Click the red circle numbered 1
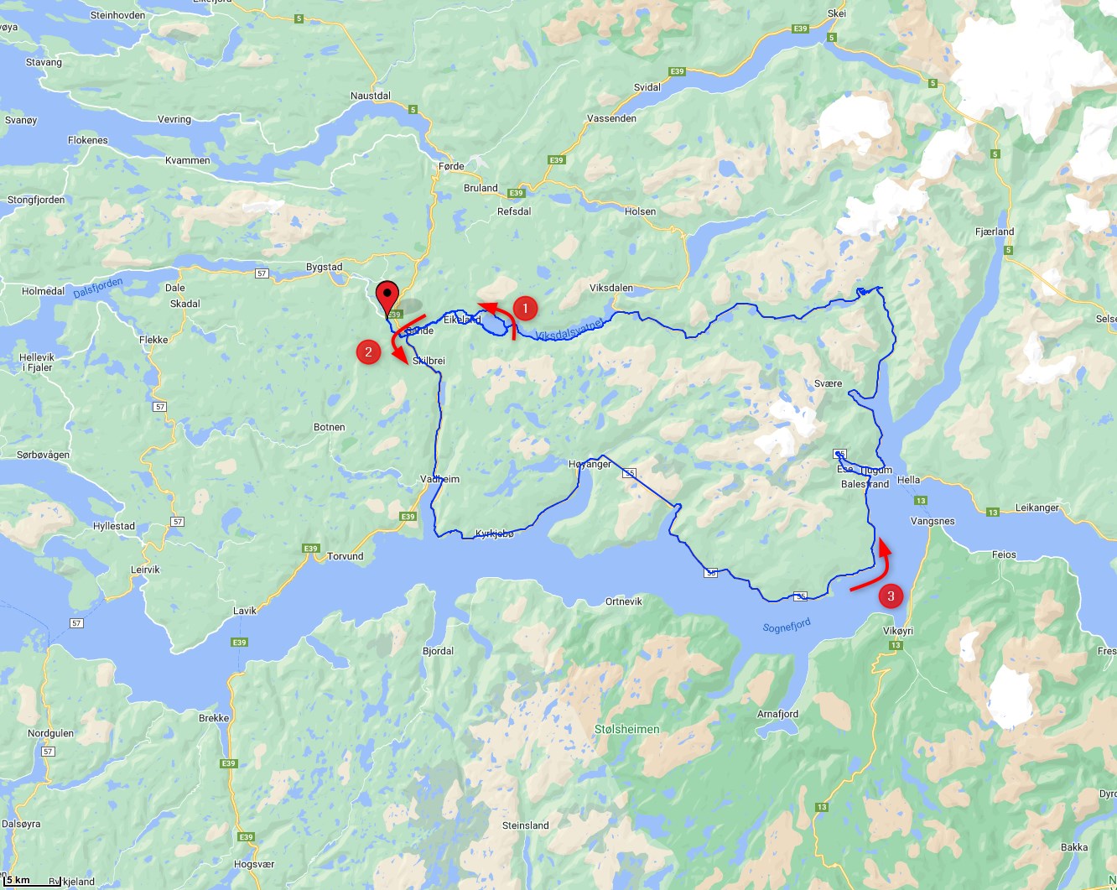(525, 309)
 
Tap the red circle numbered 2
(368, 351)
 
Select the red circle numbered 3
(891, 596)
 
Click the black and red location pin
(387, 298)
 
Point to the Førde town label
(451, 166)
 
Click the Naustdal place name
(371, 96)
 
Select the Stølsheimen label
(626, 729)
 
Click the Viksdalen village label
(611, 288)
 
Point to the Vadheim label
(440, 479)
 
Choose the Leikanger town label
(1037, 507)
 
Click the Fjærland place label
(995, 232)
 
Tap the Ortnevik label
(624, 601)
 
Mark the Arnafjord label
(777, 714)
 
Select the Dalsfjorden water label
(98, 288)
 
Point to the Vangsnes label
(933, 521)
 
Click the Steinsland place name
(525, 825)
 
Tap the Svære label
(828, 383)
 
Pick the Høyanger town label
(590, 464)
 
